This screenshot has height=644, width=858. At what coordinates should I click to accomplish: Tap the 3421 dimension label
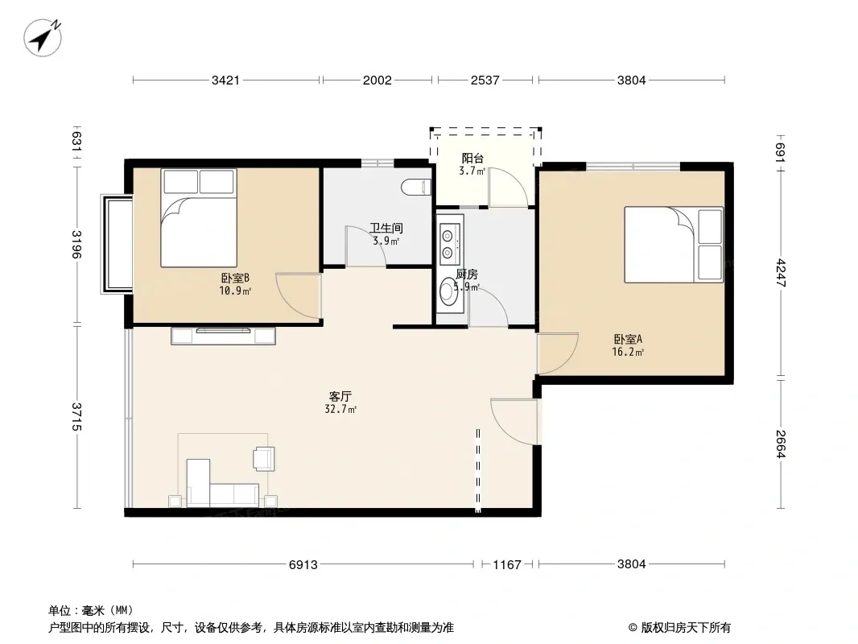(225, 80)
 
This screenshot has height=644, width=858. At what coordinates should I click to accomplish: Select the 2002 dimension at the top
(377, 80)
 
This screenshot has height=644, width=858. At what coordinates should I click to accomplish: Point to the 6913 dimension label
(303, 564)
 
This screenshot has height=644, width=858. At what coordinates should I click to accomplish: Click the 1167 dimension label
(507, 564)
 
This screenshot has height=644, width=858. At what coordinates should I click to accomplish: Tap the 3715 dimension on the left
(77, 416)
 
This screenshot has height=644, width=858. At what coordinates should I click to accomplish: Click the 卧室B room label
(235, 279)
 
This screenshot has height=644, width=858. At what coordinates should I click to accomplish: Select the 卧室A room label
(628, 339)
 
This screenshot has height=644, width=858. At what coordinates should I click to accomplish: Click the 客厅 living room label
(340, 396)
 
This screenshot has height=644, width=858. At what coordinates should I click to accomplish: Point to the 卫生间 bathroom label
(386, 228)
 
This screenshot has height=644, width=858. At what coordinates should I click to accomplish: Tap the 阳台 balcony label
(472, 159)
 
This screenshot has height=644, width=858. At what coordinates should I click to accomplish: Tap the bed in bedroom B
(199, 218)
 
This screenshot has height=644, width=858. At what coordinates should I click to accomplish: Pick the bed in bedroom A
(674, 245)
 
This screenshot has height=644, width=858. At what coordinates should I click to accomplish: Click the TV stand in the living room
(223, 336)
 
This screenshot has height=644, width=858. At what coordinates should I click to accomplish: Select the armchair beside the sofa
(264, 459)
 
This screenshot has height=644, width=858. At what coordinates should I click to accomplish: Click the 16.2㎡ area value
(628, 353)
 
